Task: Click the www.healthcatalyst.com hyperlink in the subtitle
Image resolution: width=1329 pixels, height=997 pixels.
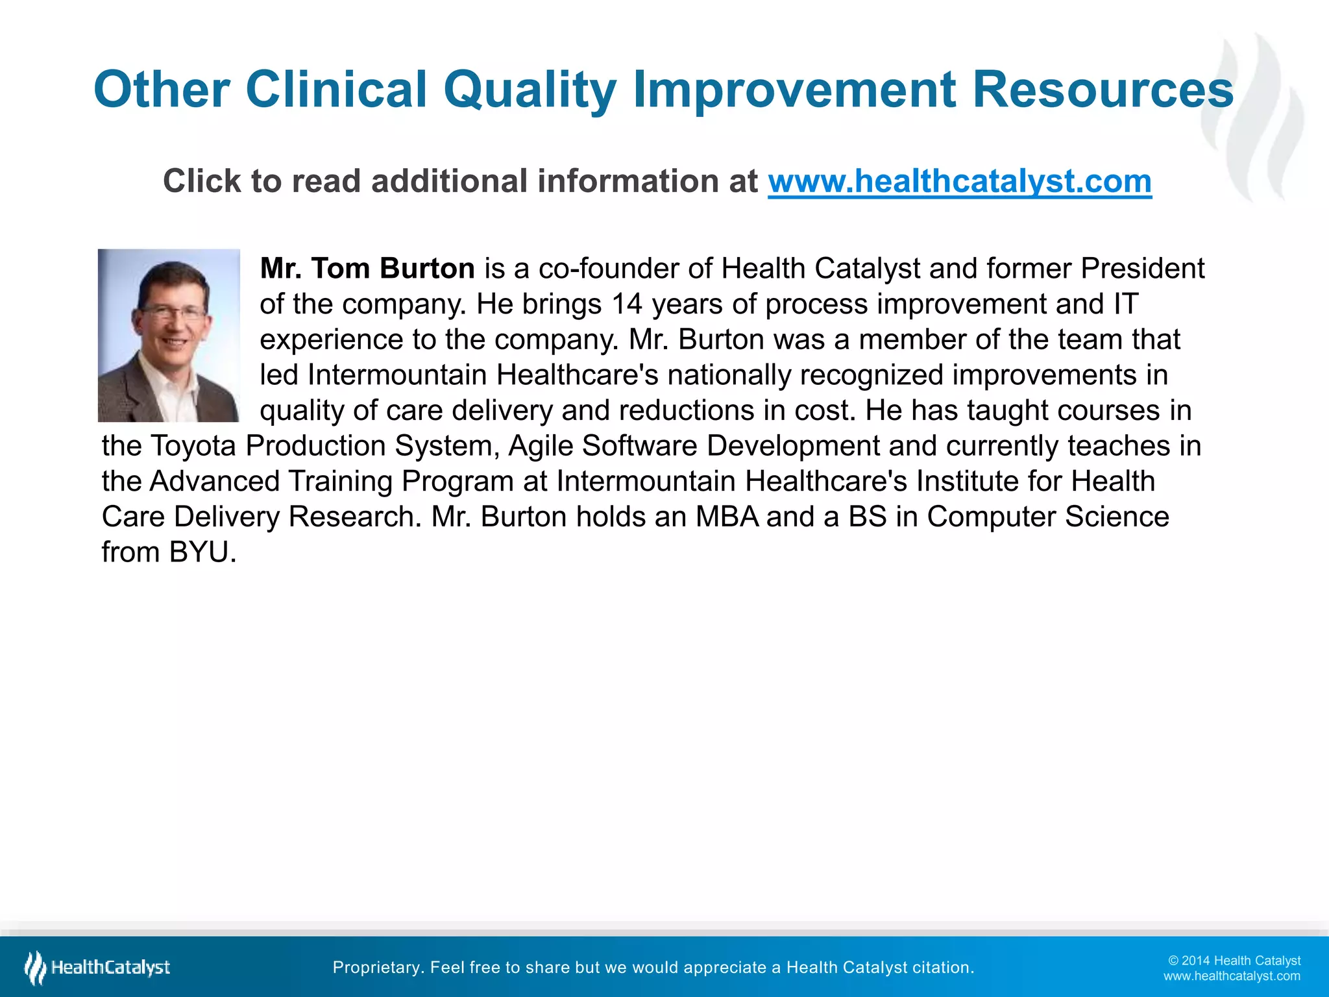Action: click(960, 181)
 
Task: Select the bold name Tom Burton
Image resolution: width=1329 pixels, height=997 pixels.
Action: click(393, 269)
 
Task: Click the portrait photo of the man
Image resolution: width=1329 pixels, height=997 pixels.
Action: click(169, 336)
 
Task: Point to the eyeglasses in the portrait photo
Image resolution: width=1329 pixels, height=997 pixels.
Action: click(173, 313)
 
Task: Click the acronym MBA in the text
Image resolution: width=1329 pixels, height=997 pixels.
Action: click(727, 517)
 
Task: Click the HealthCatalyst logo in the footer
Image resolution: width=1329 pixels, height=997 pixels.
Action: click(97, 968)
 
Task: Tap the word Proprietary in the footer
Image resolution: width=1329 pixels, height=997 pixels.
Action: click(377, 968)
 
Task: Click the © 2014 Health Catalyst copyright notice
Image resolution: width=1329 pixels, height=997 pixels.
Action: click(1234, 961)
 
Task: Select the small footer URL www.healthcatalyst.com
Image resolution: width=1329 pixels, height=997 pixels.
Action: click(1232, 976)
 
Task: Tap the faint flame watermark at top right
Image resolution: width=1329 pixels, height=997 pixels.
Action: click(1252, 117)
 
